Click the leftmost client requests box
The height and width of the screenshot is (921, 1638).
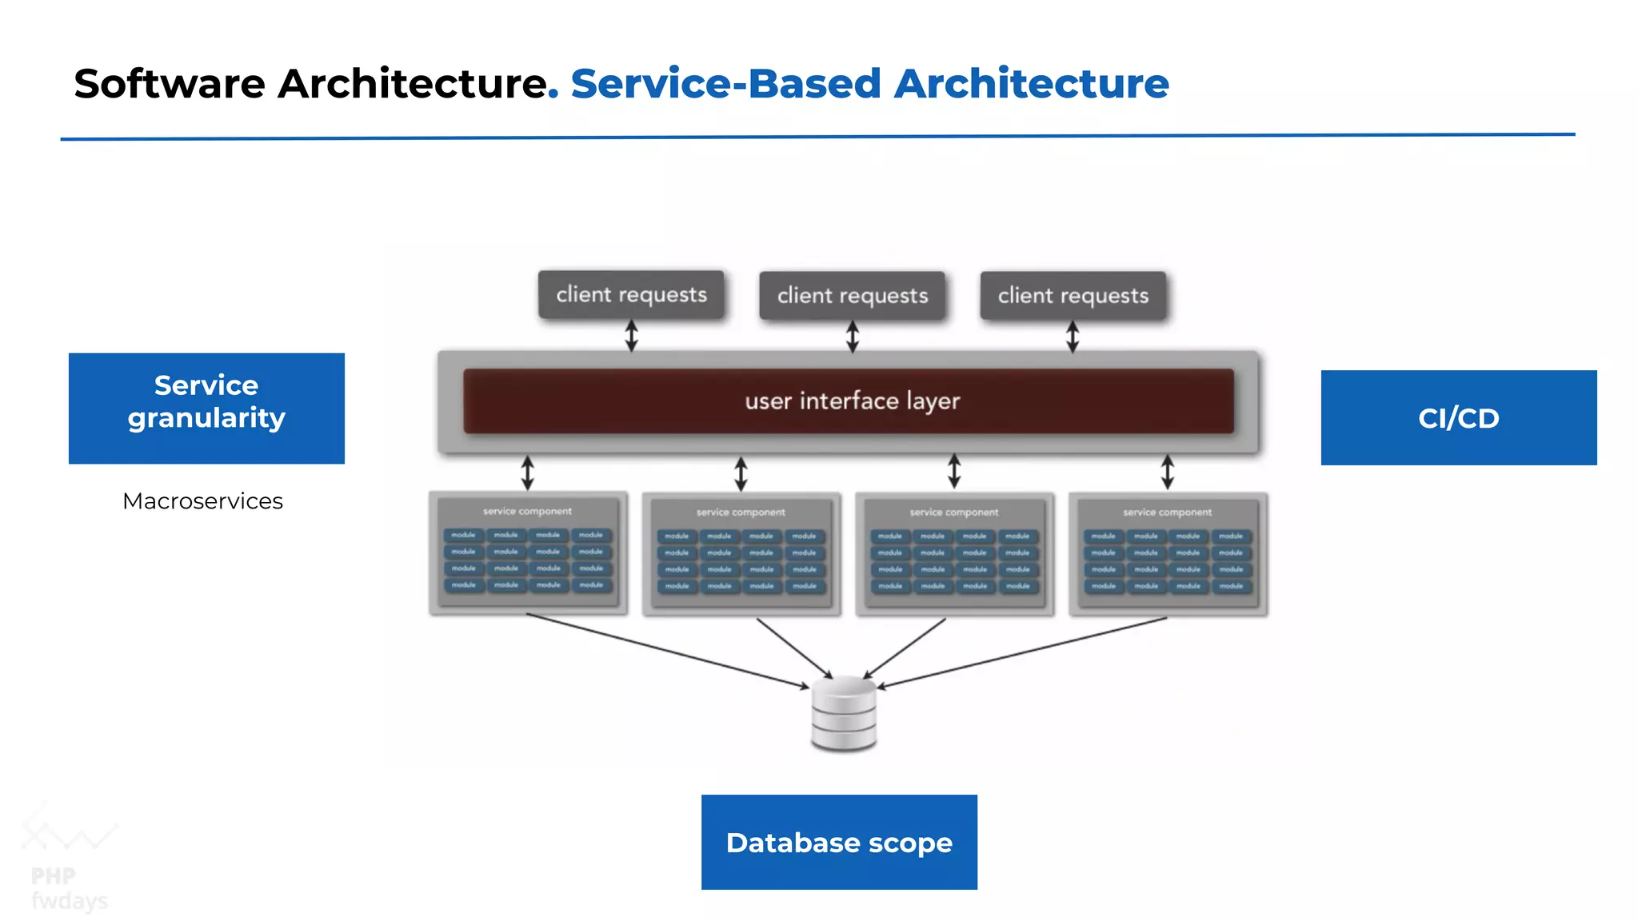(631, 295)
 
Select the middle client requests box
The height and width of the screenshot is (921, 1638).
(853, 296)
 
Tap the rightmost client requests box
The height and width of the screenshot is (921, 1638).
(1073, 296)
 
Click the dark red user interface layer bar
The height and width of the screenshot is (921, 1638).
(849, 401)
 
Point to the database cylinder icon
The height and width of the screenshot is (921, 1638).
(844, 714)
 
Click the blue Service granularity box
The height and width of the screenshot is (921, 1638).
(206, 409)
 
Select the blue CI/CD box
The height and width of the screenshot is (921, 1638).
(1458, 417)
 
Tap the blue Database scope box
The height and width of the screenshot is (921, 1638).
(839, 842)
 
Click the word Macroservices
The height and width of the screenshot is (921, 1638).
(202, 501)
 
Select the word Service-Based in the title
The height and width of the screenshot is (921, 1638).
(725, 84)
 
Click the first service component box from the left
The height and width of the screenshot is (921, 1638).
(528, 553)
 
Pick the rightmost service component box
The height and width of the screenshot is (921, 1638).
(1168, 554)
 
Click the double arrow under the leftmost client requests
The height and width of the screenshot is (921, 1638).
(631, 336)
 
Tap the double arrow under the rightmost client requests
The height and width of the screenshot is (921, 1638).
(1073, 337)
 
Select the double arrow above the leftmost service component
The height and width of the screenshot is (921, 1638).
(528, 472)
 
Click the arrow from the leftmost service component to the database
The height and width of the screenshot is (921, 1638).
(668, 650)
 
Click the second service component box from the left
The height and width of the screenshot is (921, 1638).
(741, 554)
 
